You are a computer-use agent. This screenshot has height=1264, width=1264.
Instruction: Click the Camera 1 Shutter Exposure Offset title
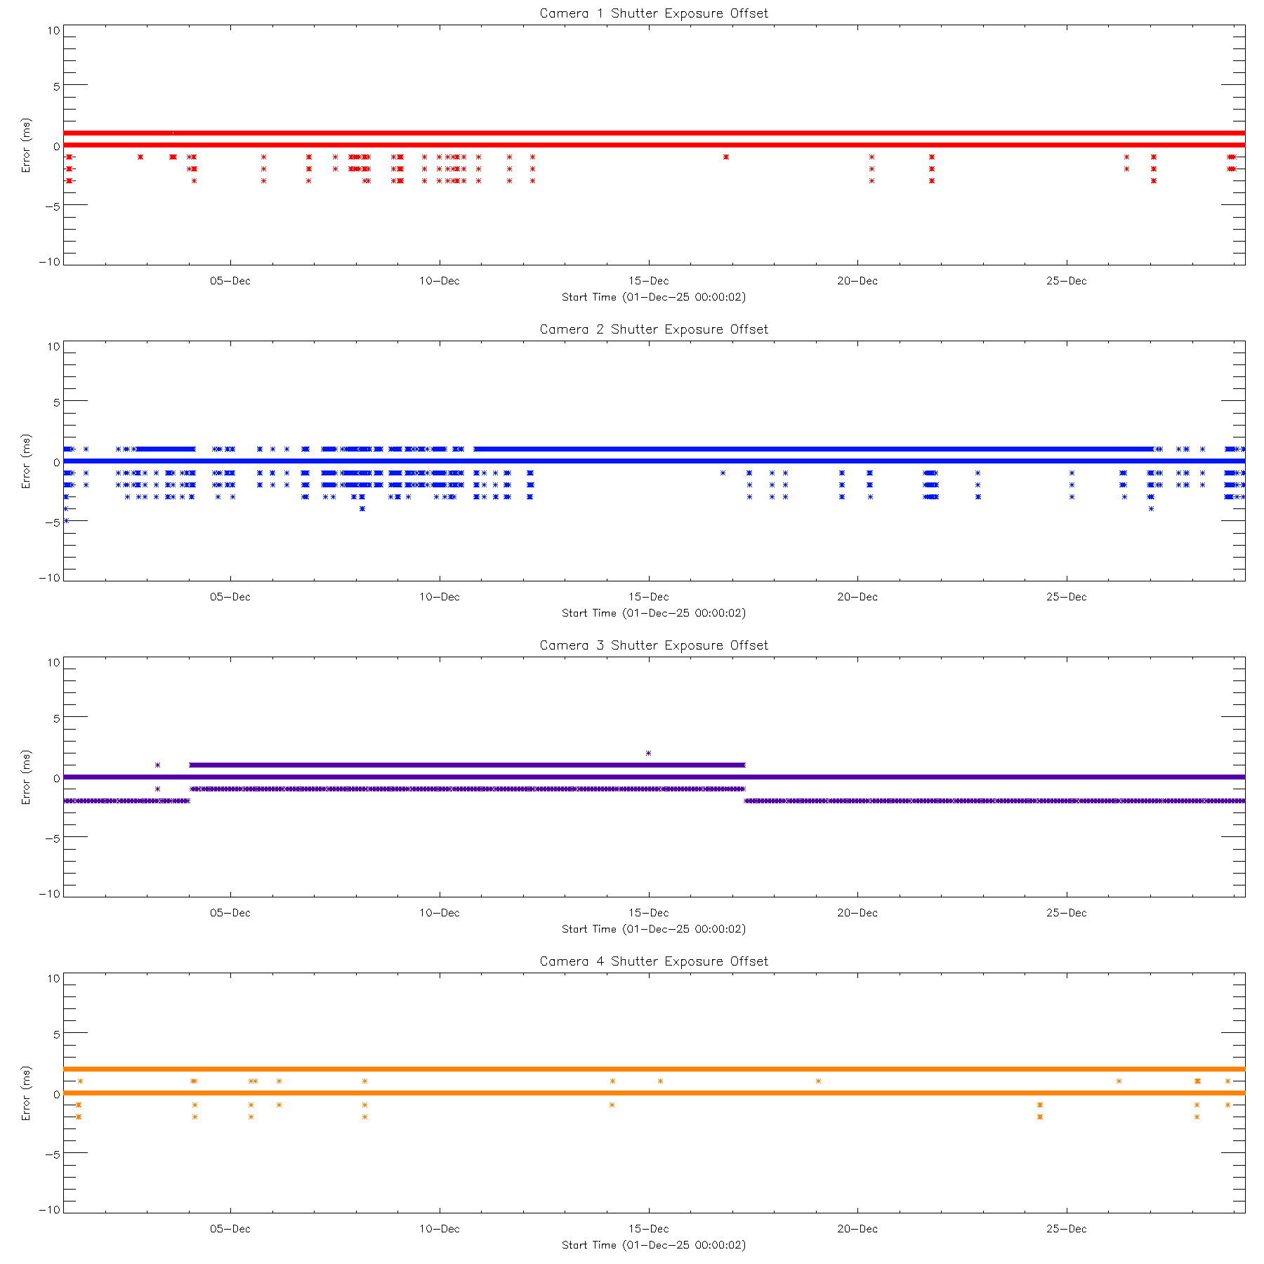pos(654,13)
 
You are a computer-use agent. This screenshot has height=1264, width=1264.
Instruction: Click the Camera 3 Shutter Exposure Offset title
pos(654,645)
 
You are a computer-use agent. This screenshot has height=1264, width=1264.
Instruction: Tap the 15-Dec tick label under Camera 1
pos(648,281)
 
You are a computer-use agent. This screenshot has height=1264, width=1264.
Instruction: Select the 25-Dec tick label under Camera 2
pos(1066,597)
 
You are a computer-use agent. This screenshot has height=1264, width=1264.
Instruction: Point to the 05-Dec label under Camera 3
pos(230,913)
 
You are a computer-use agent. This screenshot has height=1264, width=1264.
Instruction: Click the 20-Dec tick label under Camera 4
pos(857,1229)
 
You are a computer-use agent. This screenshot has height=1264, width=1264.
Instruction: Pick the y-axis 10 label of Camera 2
pos(54,346)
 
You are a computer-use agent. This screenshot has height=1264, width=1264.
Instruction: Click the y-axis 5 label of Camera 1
pos(57,86)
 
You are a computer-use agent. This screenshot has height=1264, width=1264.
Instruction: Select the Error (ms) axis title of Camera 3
pos(26,777)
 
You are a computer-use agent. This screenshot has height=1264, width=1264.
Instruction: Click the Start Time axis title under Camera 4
pos(654,1245)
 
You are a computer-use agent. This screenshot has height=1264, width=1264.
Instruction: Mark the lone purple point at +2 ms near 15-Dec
pos(648,753)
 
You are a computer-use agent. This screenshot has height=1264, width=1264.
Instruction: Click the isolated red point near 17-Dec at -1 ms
pos(726,157)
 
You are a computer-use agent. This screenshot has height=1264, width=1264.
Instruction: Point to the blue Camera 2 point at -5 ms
pos(66,520)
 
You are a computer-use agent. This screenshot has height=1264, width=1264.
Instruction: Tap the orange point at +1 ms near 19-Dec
pos(819,1081)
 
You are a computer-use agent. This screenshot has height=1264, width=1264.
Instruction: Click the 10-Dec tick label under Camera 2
pos(439,597)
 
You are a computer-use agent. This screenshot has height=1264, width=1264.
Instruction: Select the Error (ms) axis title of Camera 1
pos(26,145)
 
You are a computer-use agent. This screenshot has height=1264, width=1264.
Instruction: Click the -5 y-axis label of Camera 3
pos(54,838)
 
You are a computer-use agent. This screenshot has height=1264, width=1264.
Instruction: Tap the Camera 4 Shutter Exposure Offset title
pos(654,961)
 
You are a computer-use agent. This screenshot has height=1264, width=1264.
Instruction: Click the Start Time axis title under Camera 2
pos(654,613)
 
